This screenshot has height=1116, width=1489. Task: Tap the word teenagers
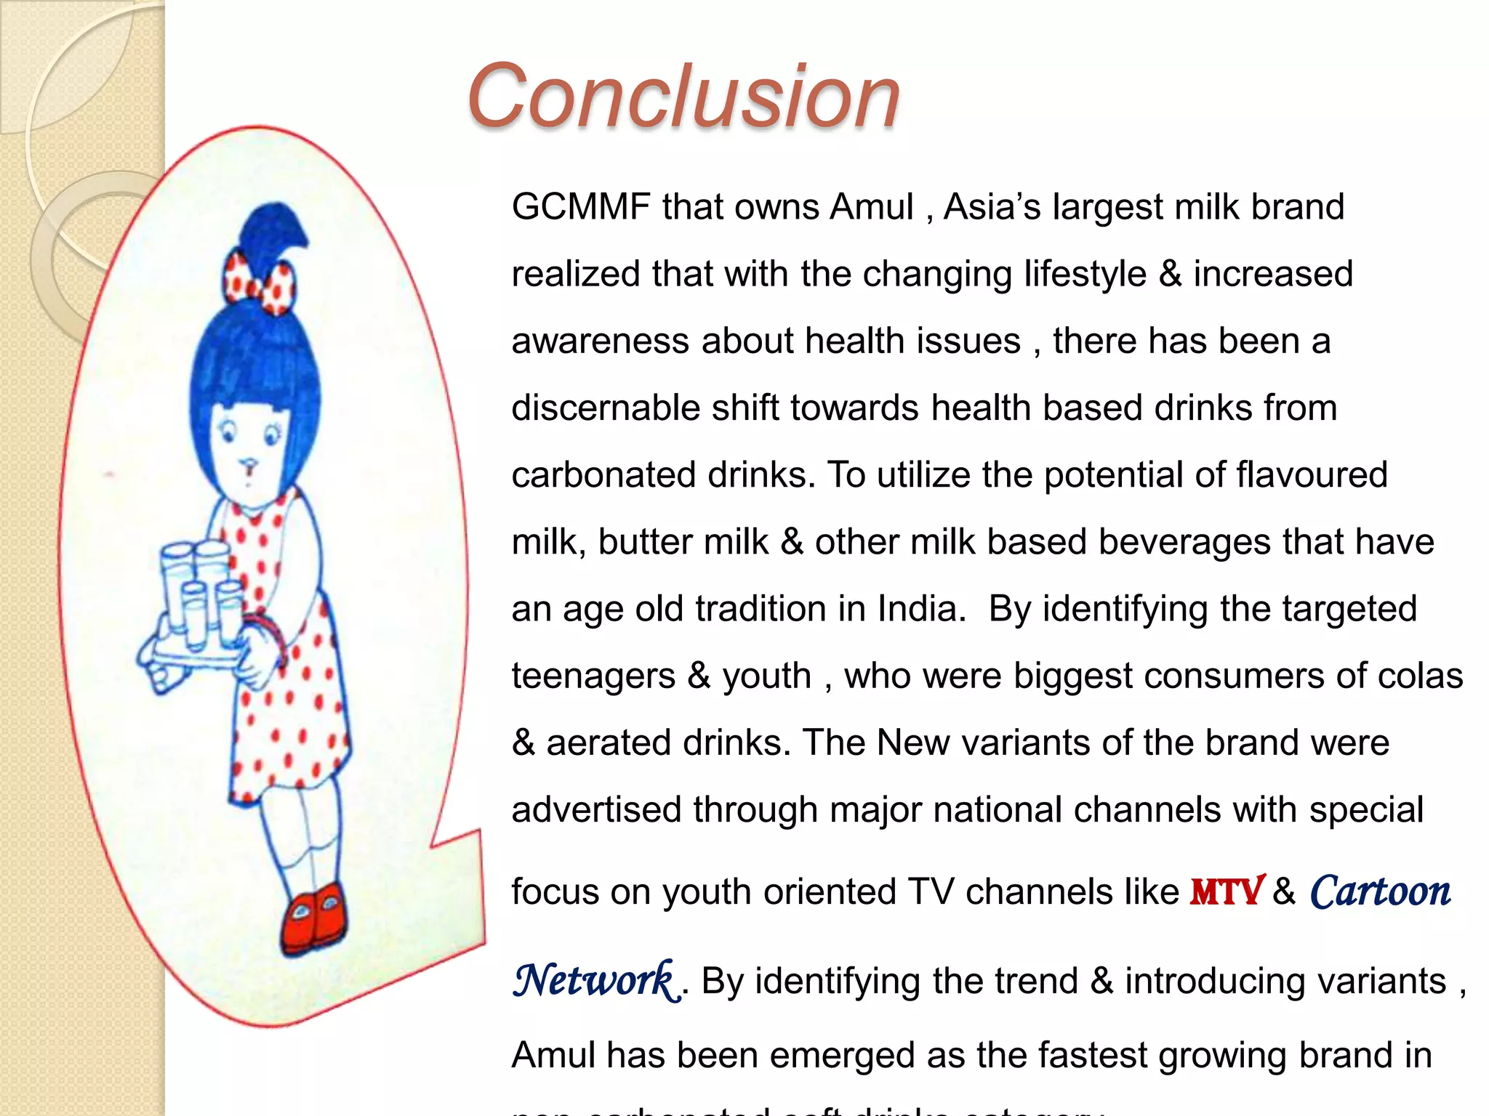coord(593,676)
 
